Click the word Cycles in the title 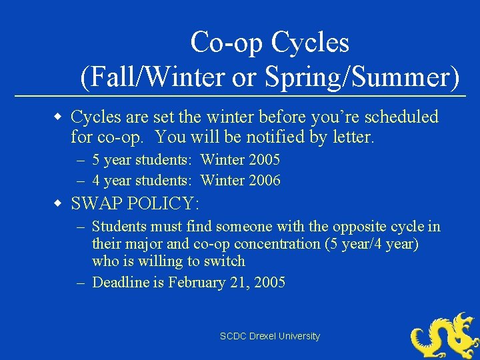(309, 43)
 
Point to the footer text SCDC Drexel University (270, 337)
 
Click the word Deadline (121, 283)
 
